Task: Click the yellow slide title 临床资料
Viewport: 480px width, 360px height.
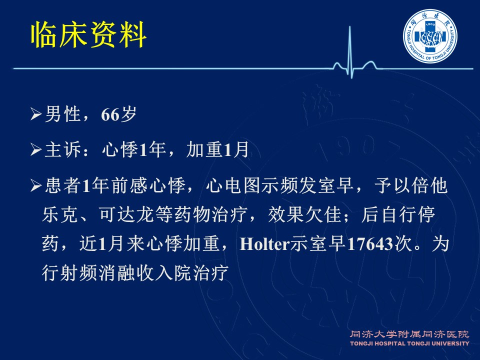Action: [x=89, y=34]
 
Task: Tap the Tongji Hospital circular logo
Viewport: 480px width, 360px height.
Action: [x=430, y=36]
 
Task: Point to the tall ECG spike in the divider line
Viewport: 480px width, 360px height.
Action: [x=349, y=50]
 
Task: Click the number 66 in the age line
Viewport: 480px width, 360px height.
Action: [x=110, y=114]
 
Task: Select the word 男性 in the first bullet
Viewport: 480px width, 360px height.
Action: [x=63, y=114]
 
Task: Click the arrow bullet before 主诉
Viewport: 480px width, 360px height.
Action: [x=36, y=150]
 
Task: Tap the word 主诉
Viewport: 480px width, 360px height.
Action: [x=63, y=150]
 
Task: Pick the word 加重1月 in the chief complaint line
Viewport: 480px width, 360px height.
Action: [x=217, y=150]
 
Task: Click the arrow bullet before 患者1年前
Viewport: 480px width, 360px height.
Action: [x=36, y=185]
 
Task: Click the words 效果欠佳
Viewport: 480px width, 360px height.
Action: [x=304, y=214]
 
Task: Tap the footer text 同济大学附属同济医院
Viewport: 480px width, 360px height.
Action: [x=409, y=334]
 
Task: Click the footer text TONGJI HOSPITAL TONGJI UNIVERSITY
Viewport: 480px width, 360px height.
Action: [x=409, y=343]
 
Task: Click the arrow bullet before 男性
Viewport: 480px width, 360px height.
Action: [x=36, y=114]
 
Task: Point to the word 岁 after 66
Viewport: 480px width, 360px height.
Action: [x=128, y=114]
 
